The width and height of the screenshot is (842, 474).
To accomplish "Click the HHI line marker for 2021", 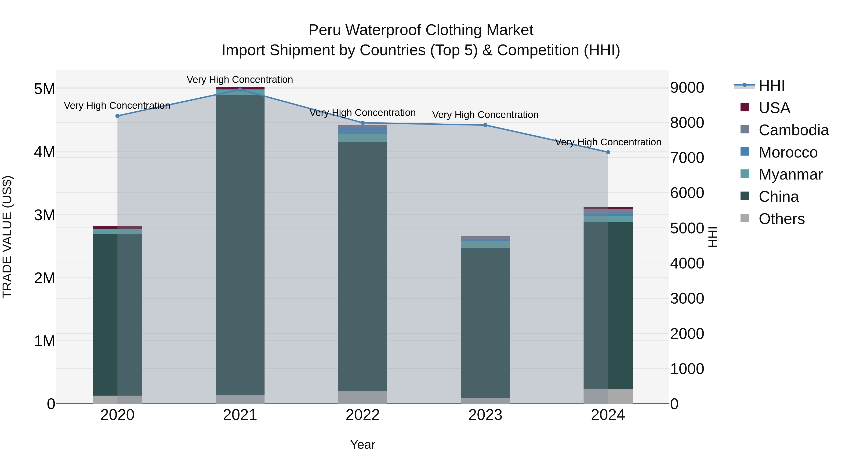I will click(x=240, y=90).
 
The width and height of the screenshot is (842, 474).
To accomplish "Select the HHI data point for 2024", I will click(x=608, y=152).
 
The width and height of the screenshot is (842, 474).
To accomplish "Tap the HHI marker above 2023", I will click(x=485, y=125).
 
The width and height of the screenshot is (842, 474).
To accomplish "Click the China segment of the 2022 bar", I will click(x=363, y=267).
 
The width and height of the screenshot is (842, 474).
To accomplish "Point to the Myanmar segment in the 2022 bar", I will click(x=363, y=138).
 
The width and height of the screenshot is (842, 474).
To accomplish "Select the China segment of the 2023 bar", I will click(x=485, y=323).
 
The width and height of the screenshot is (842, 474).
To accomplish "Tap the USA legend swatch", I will click(x=745, y=107).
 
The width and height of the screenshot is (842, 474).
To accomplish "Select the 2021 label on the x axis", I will click(x=240, y=415).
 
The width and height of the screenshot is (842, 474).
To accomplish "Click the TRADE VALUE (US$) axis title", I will click(x=7, y=237).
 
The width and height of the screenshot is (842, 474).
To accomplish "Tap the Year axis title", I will click(x=363, y=445).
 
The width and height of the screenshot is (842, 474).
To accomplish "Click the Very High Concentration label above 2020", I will click(x=117, y=106).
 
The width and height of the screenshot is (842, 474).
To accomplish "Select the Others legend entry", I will click(x=781, y=219).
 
